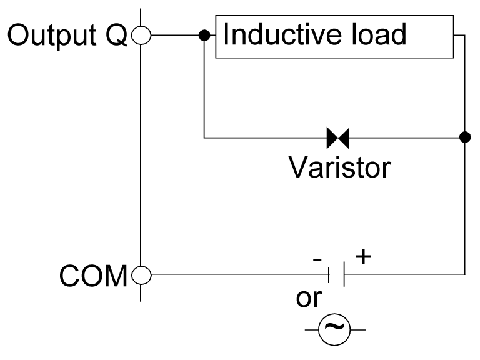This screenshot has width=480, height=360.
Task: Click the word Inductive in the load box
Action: click(276, 35)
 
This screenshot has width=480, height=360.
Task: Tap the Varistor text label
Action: click(339, 167)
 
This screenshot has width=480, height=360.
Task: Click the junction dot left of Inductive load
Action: click(204, 36)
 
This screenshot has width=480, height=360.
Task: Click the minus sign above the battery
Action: click(317, 256)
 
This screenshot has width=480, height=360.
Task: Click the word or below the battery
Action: click(308, 299)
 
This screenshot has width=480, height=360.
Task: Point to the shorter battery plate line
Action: click(330, 274)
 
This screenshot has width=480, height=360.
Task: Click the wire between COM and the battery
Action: click(237, 274)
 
